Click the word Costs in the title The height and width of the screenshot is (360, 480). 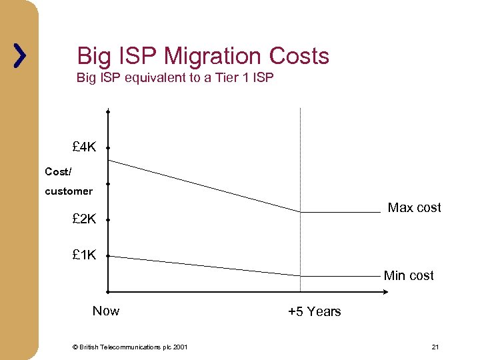pos(299,56)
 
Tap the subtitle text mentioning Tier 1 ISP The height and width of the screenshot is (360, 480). pos(175,78)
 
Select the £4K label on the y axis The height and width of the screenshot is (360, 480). pos(85,147)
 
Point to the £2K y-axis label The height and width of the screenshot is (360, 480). pos(85,218)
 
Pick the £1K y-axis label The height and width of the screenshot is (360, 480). pos(85,255)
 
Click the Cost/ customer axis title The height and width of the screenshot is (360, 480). pos(68,181)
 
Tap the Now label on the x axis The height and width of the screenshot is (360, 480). pos(106,311)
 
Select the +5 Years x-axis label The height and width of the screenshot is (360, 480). pos(314,311)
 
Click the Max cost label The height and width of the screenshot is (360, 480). pos(414,207)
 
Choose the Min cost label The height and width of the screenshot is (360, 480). pos(408,275)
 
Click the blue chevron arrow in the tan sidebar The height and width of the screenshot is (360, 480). pos(20,57)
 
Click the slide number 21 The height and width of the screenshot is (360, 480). pos(435,347)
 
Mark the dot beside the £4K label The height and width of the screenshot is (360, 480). pos(107,148)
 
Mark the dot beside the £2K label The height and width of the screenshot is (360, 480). pos(107,219)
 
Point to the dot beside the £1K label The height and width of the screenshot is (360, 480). pos(107,255)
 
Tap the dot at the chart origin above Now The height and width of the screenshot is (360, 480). pos(107,292)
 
